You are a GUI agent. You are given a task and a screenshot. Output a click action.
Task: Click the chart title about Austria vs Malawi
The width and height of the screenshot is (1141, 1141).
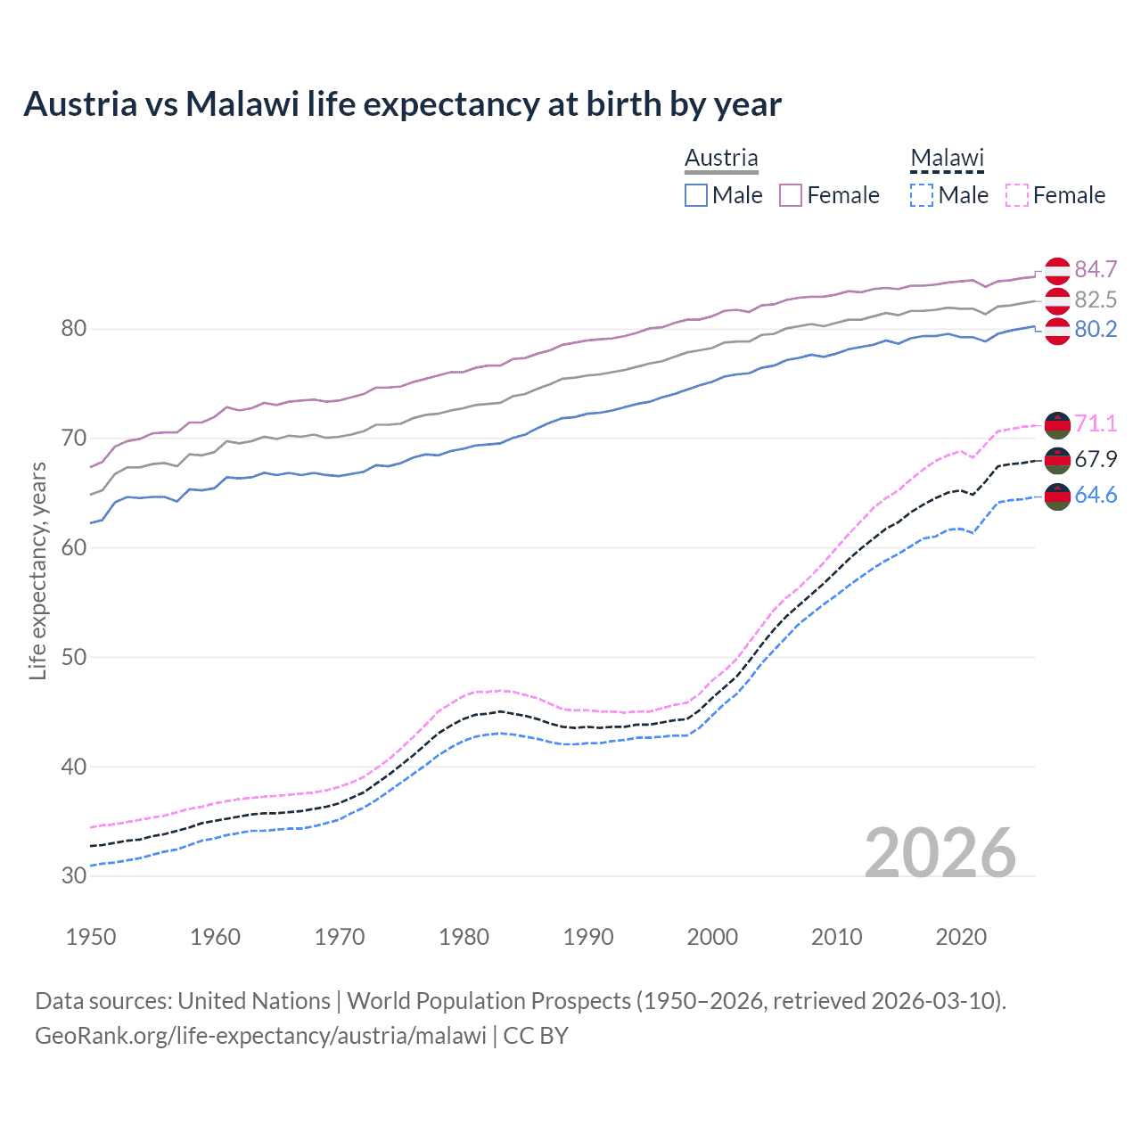402,104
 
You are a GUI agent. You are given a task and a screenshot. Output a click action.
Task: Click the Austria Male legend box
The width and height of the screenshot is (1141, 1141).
696,195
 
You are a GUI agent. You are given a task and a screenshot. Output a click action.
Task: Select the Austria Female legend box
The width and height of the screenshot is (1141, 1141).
791,195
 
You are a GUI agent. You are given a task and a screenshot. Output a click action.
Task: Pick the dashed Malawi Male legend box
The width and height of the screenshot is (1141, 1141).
922,195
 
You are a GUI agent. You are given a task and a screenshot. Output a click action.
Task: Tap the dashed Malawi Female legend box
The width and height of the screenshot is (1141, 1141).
1016,195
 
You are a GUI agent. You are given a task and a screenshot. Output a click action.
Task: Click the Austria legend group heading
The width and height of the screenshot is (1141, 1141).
721,158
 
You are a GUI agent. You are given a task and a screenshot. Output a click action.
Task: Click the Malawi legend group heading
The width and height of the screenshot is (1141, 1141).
947,158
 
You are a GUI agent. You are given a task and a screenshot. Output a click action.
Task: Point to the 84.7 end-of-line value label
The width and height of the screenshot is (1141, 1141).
1096,269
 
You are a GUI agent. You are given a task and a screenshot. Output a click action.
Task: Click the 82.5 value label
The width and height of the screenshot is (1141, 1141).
1096,300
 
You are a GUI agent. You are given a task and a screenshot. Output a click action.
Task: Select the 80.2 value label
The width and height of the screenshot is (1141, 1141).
1096,330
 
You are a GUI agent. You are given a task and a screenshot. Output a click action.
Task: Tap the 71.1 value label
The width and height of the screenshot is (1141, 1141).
1096,423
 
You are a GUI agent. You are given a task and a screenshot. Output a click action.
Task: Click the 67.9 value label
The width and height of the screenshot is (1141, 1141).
1096,459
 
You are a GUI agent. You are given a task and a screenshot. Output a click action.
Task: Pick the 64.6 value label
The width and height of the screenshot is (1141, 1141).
1096,496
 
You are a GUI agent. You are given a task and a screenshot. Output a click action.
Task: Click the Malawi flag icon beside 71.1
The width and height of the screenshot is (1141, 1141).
1057,425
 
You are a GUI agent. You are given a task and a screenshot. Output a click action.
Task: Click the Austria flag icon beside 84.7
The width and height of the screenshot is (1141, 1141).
1057,270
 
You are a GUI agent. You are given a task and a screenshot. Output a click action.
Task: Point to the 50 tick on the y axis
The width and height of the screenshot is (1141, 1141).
74,657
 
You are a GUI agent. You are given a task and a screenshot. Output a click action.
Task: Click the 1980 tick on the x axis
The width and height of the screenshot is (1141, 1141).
464,937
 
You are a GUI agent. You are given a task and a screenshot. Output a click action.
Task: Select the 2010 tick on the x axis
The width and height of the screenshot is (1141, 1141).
836,937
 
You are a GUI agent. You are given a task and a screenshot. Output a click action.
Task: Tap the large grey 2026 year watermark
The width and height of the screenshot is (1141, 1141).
940,853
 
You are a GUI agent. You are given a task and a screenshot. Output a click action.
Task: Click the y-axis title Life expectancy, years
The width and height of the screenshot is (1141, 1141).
37,570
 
